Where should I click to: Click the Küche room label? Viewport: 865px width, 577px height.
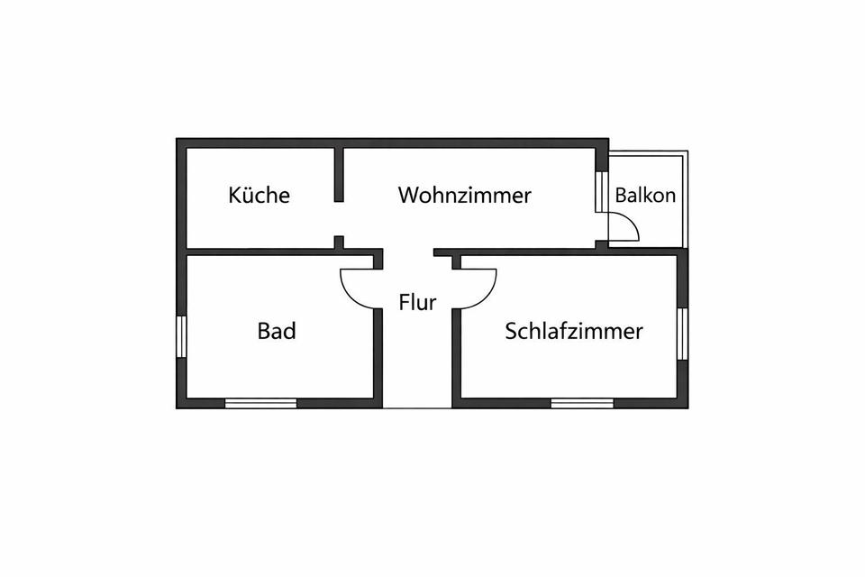click(x=259, y=195)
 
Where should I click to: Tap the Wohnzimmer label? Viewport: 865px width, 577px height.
click(x=465, y=195)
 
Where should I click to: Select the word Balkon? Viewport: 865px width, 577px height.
click(x=645, y=195)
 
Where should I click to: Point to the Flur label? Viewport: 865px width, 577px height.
click(x=417, y=302)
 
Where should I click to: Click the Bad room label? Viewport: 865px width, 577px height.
click(x=277, y=331)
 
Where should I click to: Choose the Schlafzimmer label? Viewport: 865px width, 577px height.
click(x=574, y=331)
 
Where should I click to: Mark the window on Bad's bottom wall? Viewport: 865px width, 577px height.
click(x=260, y=403)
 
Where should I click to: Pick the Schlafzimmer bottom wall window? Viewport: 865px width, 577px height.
click(x=582, y=403)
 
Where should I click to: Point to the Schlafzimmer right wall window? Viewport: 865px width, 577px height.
click(x=682, y=334)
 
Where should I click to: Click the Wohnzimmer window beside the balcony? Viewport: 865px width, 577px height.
click(x=600, y=190)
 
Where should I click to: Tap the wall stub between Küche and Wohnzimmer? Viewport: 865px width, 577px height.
click(x=340, y=174)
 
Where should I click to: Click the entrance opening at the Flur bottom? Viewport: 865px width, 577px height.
click(x=417, y=405)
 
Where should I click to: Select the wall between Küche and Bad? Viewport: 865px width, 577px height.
click(x=261, y=252)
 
